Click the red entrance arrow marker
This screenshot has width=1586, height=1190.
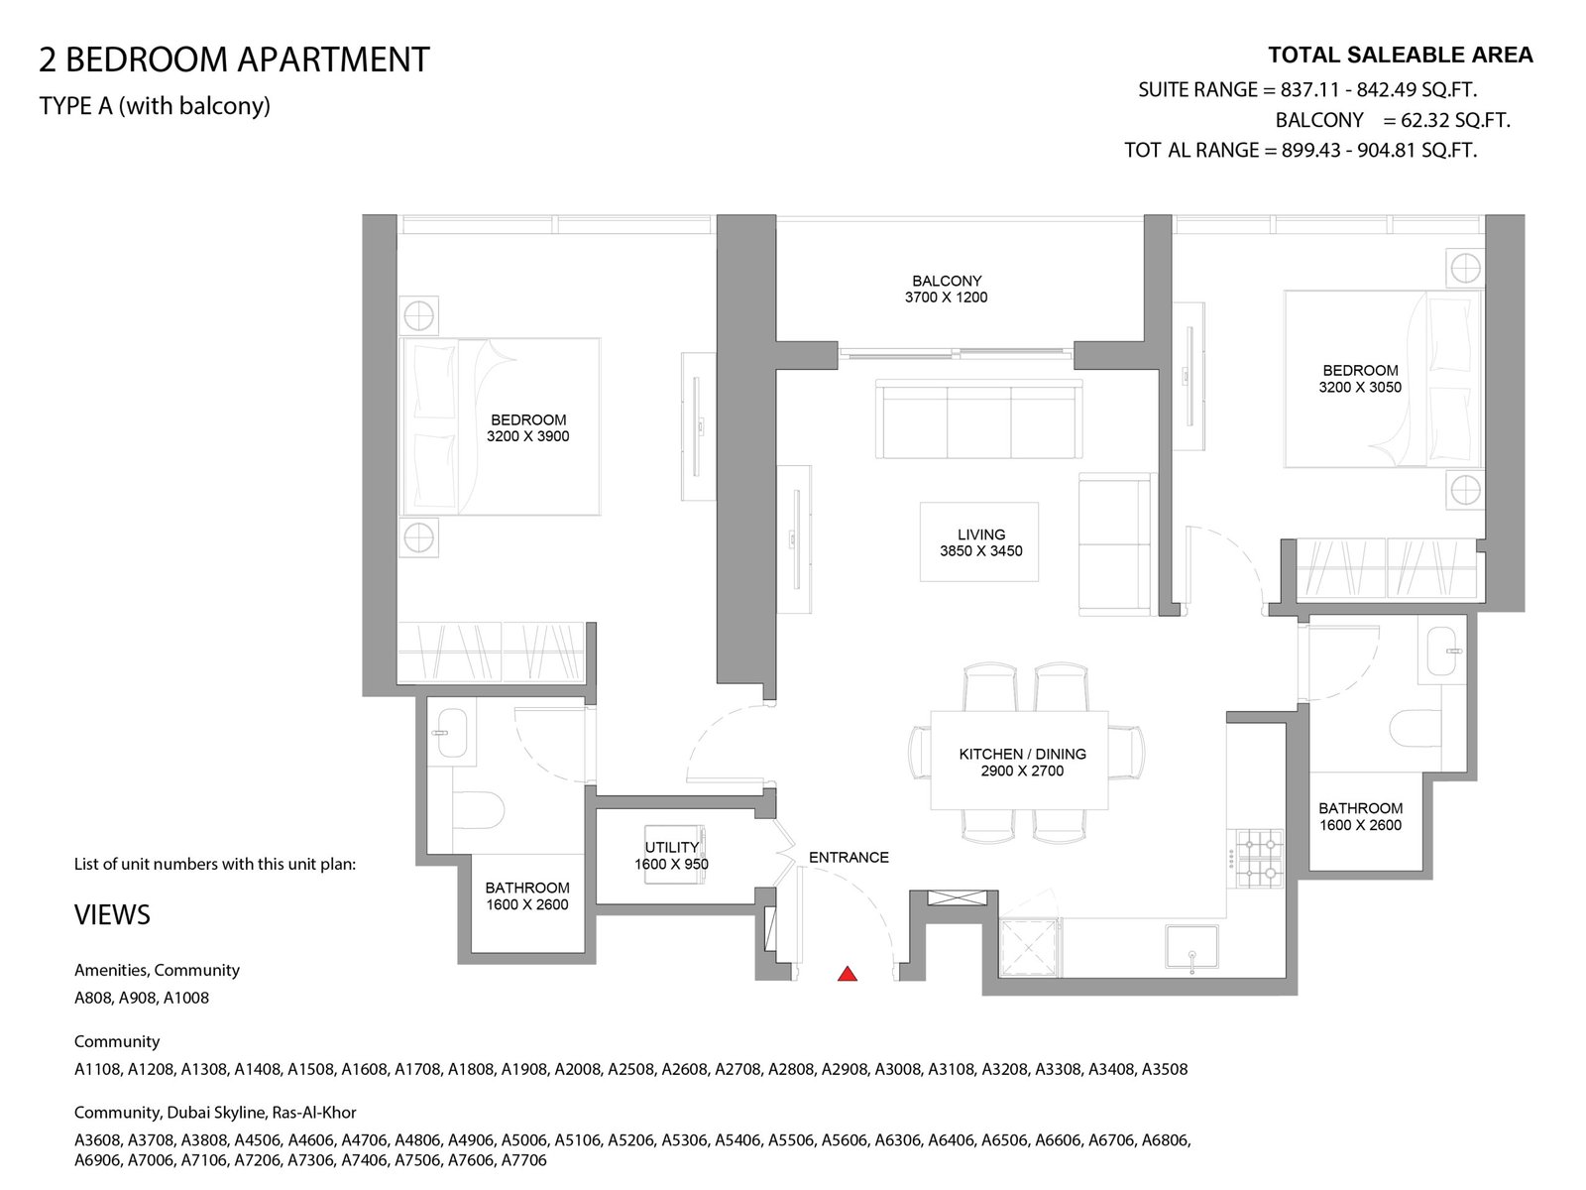pos(847,974)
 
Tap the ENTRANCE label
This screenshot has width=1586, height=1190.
pos(849,858)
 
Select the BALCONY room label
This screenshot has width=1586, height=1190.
pos(947,281)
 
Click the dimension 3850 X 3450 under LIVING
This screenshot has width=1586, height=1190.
pos(980,551)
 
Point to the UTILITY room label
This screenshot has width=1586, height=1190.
pos(671,847)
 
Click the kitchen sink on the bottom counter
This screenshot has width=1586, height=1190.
pos(1190,947)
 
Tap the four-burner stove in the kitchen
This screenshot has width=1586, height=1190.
pos(1260,859)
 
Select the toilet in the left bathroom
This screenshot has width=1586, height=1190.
pos(477,810)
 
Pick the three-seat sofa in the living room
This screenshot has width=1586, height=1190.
pos(978,419)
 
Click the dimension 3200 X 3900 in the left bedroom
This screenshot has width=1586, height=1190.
pos(527,436)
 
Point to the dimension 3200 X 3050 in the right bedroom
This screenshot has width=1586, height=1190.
pos(1360,388)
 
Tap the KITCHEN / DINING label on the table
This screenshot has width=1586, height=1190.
pos(1022,755)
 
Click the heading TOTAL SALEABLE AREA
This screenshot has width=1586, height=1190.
pos(1401,56)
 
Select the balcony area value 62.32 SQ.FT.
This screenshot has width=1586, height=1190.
pos(1455,120)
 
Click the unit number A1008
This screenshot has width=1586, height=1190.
pos(185,998)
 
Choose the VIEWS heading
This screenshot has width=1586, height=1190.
pos(112,915)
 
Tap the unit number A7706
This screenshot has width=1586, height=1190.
pos(523,1160)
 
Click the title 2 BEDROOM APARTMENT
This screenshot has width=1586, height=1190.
pos(234,59)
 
